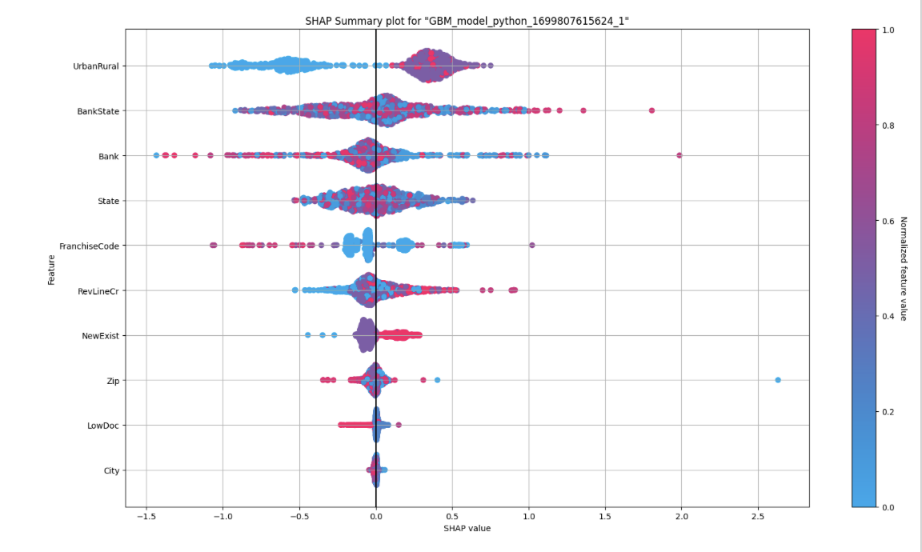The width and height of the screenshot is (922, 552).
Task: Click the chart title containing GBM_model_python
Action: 467,20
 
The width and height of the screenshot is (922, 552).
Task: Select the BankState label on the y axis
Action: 98,111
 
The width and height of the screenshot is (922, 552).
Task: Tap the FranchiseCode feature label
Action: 90,246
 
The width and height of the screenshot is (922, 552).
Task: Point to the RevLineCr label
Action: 99,291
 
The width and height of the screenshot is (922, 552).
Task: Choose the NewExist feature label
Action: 100,336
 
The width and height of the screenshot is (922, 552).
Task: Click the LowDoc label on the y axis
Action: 103,426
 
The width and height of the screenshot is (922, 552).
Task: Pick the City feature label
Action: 111,470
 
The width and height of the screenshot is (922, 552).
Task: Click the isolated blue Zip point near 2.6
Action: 778,380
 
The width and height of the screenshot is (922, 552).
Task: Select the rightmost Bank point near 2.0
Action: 679,155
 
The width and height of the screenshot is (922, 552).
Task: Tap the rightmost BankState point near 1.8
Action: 651,110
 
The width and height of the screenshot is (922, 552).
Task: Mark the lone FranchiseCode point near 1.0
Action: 531,246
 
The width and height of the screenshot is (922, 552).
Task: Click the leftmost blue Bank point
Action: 156,155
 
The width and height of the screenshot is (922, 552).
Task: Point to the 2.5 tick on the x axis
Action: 757,518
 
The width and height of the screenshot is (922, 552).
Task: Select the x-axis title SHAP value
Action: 467,529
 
